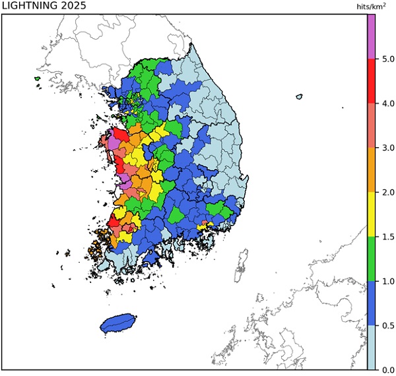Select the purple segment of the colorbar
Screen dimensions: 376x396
(x=371, y=36)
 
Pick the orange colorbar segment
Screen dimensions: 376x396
(x=371, y=170)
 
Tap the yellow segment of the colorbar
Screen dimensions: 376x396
(x=371, y=214)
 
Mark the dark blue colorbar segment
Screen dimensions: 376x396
(x=371, y=303)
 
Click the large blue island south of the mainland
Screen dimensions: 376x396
(x=118, y=323)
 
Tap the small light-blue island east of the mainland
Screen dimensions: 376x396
(x=299, y=97)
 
